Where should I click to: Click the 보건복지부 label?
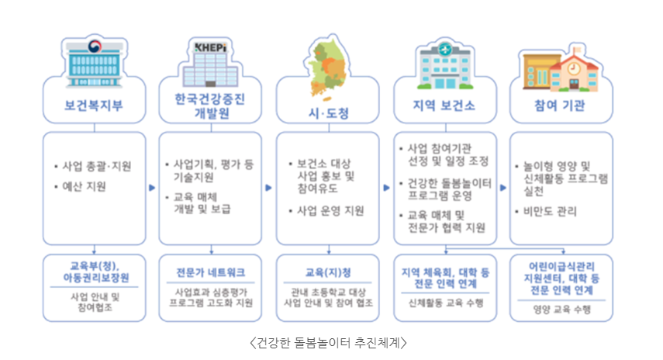click(x=94, y=104)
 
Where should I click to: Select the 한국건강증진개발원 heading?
click(x=209, y=104)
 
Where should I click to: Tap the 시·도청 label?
click(x=327, y=113)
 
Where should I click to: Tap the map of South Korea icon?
click(x=327, y=66)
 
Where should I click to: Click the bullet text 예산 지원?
click(x=84, y=186)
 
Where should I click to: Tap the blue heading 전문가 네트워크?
click(x=210, y=272)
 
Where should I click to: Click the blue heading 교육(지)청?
click(x=327, y=272)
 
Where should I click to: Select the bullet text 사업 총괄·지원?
click(x=97, y=166)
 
